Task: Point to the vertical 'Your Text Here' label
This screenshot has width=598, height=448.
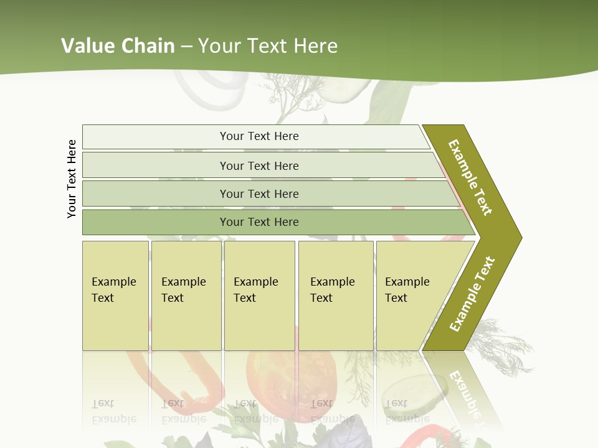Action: pos(72,179)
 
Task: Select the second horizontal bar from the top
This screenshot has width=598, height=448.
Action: pos(259,166)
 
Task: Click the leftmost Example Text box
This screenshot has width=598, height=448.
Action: pos(115,296)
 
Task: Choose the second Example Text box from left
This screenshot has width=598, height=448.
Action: pos(186,296)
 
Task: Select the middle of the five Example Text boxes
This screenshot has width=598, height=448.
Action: pos(259,296)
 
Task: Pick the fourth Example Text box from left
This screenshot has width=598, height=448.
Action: pos(336,296)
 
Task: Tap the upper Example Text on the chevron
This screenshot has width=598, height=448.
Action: pos(470,177)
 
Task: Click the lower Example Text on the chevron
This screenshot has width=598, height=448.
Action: pos(472,294)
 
